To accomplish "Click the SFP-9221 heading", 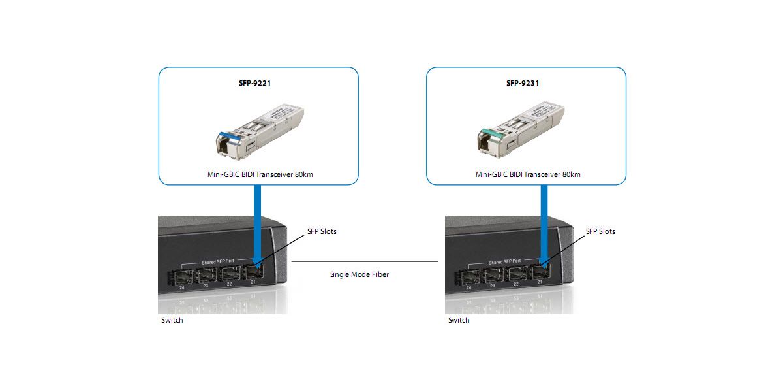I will click(258, 83).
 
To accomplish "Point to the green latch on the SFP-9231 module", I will click(492, 137).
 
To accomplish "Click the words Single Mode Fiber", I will click(360, 274).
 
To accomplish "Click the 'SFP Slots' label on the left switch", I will click(322, 231).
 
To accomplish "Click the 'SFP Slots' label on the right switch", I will click(600, 231).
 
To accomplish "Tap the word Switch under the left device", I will click(172, 320).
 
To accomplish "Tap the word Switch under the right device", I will click(459, 320).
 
